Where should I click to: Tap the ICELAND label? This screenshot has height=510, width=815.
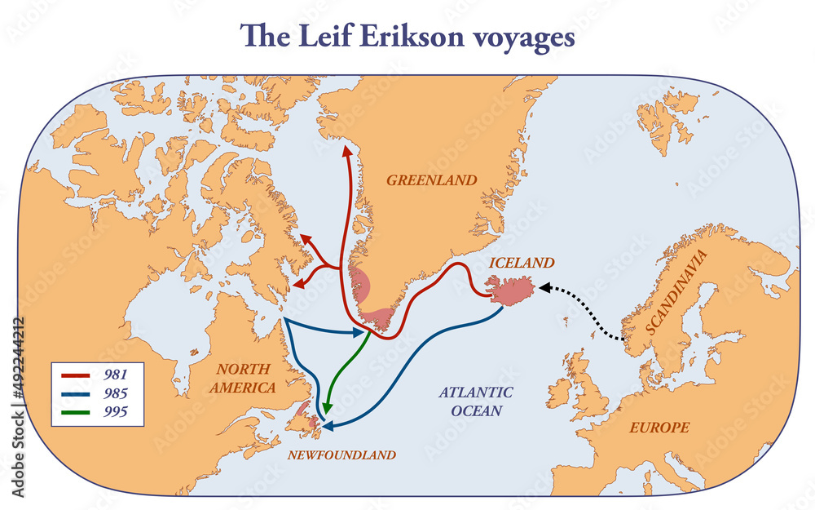(522, 263)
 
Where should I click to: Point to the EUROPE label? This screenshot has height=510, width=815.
(659, 427)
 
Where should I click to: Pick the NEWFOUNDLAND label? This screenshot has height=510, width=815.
(341, 455)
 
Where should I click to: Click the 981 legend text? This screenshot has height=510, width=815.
(115, 375)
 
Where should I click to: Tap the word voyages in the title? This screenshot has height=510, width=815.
(533, 39)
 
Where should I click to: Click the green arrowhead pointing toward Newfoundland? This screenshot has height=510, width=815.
(328, 408)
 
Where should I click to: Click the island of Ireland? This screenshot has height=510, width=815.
(560, 392)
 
